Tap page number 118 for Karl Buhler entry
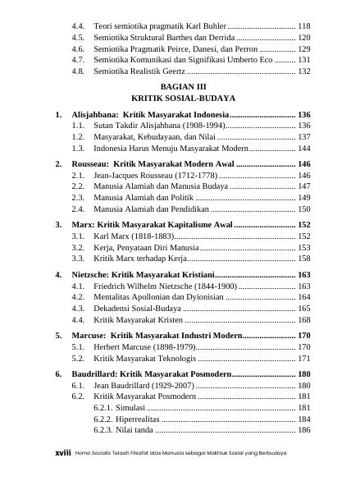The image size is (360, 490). point(304,26)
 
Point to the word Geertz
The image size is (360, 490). point(171,72)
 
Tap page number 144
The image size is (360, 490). point(304,149)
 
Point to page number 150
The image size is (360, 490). point(304,210)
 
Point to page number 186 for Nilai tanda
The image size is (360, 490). point(304,430)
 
